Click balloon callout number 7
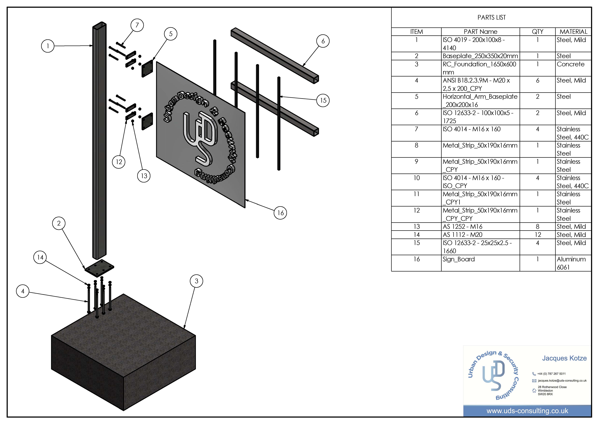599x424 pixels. point(137,25)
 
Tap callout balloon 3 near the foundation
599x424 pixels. point(196,281)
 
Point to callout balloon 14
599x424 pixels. point(40,257)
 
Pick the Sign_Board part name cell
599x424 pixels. point(459,259)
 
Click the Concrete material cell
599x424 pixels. point(571,64)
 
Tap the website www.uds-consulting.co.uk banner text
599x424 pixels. point(527,411)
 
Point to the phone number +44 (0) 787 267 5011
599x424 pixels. point(551,374)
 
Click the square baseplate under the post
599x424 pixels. point(99,268)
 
